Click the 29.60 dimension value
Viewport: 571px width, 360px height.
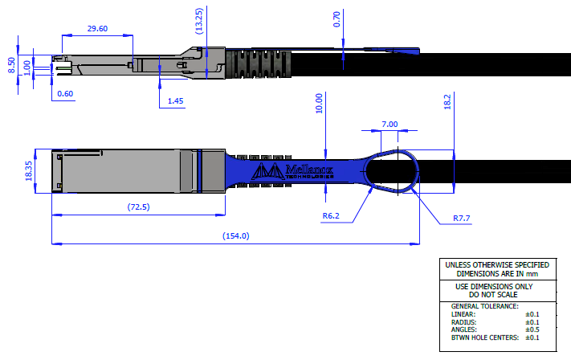[96, 29]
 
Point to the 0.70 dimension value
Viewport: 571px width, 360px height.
[336, 19]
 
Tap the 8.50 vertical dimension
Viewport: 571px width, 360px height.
[11, 65]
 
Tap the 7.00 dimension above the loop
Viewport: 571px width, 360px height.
[390, 125]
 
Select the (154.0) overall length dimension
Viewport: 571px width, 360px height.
[235, 235]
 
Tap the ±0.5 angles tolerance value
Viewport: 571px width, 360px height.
[532, 330]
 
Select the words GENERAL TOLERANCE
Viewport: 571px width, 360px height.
[485, 306]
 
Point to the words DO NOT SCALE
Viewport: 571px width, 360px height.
[496, 294]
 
